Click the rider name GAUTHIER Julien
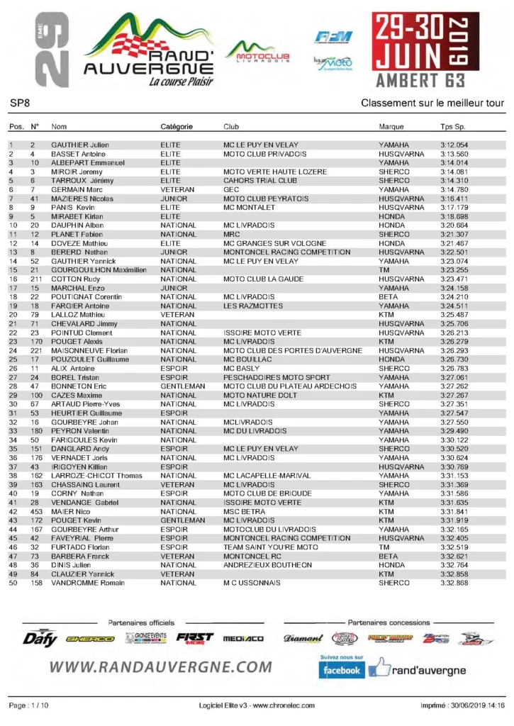(79, 145)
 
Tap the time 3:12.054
(454, 145)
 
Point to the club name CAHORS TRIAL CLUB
(255, 181)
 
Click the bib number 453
(36, 510)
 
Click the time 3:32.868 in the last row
(454, 583)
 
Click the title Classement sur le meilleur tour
(432, 103)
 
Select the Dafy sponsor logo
(40, 638)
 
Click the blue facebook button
(341, 669)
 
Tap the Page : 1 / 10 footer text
(28, 706)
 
